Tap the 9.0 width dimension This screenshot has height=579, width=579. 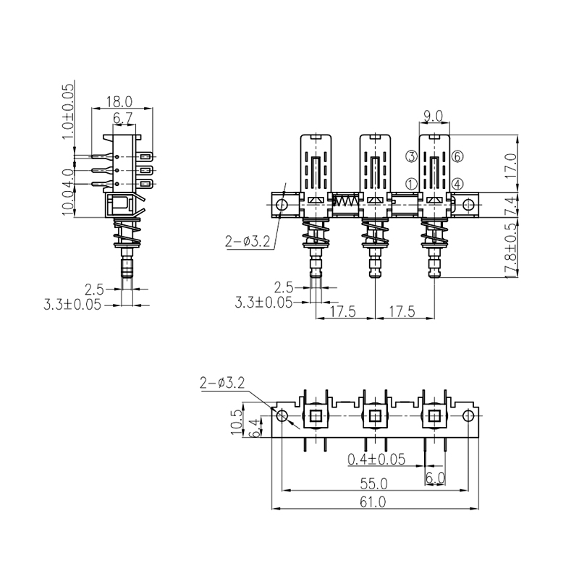coord(434,115)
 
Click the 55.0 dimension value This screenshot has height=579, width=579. coord(373,483)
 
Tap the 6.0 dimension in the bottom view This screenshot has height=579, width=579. coord(434,478)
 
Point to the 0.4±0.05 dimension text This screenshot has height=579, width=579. coord(376,460)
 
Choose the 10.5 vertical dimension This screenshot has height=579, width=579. coord(235,422)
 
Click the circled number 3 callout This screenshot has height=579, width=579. coord(410,156)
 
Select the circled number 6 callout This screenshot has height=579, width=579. coord(457,156)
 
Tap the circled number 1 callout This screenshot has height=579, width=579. coord(410,185)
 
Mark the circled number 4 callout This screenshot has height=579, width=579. coord(457,185)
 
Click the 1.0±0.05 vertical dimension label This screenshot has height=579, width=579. coord(69,111)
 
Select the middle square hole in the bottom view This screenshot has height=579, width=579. coord(374,415)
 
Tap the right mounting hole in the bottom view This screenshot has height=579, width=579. coord(468,415)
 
